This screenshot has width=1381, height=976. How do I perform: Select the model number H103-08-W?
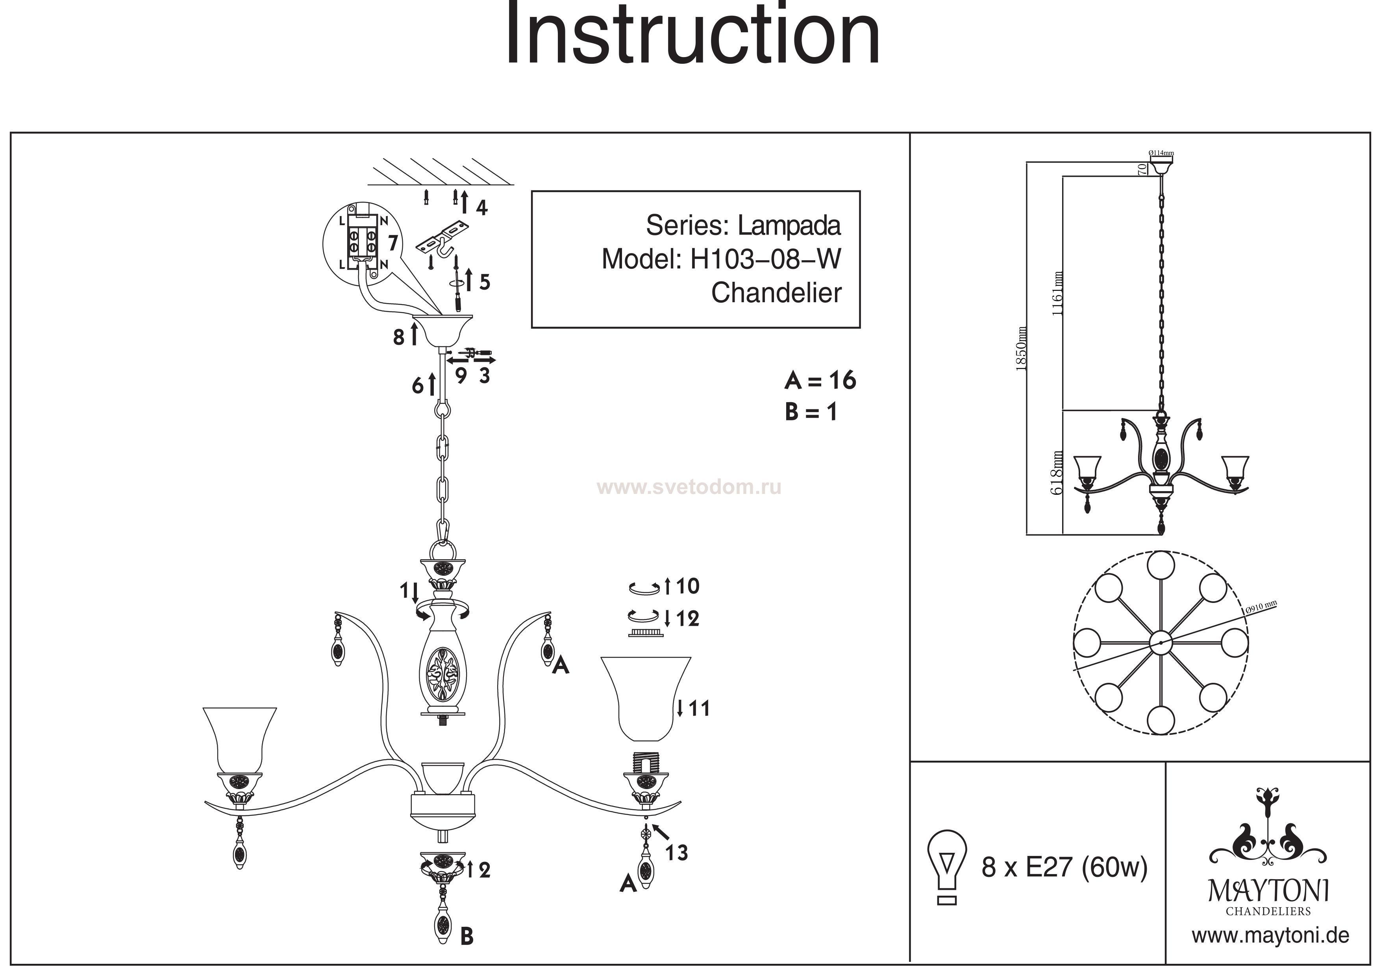click(765, 260)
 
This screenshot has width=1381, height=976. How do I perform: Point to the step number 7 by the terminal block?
click(392, 243)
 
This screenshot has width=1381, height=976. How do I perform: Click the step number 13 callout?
click(677, 853)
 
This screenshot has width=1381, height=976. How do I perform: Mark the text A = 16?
click(820, 380)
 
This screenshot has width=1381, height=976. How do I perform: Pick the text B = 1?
click(811, 412)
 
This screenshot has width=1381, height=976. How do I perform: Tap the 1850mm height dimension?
click(1021, 349)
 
